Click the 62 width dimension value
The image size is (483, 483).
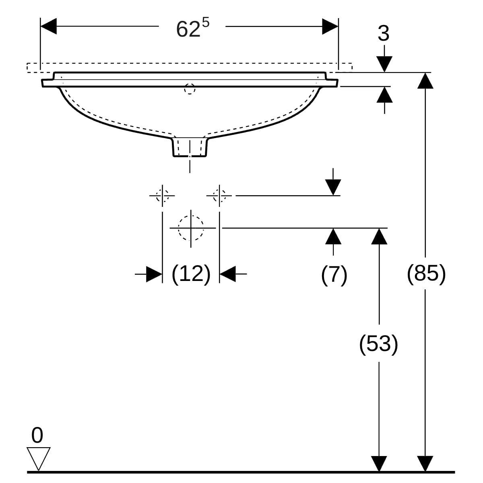tap(188, 29)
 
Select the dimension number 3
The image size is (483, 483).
tap(384, 33)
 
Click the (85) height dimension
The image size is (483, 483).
tap(426, 274)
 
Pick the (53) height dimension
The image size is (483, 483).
tap(378, 344)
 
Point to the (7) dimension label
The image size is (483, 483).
tap(334, 275)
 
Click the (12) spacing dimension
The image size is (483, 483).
tap(191, 274)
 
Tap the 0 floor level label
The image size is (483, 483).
tap(37, 436)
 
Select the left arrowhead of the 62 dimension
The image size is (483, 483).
tap(48, 26)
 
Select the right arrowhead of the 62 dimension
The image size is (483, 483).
tap(330, 26)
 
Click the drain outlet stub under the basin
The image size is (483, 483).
tap(190, 147)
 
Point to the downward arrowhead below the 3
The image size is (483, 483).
tap(384, 64)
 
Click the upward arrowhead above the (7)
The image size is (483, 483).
tap(333, 236)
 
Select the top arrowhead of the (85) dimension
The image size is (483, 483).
tap(425, 80)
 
